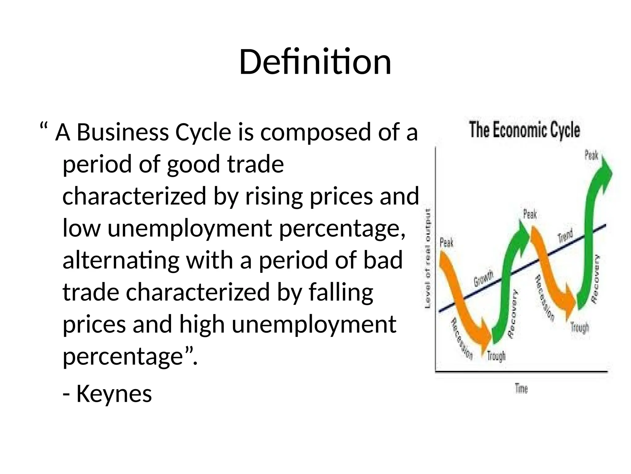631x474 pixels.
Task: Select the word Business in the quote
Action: click(123, 132)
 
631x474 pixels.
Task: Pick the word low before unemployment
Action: click(82, 228)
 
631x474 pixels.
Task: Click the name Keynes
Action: click(114, 394)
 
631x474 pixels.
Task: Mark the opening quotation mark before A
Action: click(43, 127)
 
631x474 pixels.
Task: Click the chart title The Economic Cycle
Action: click(524, 130)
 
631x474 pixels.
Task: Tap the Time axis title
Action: click(521, 389)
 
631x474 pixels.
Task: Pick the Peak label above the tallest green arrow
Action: click(591, 155)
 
